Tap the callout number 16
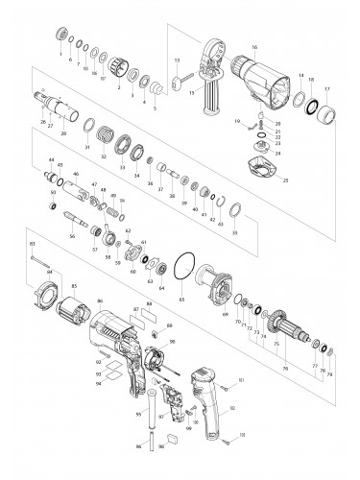(x=255, y=46)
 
